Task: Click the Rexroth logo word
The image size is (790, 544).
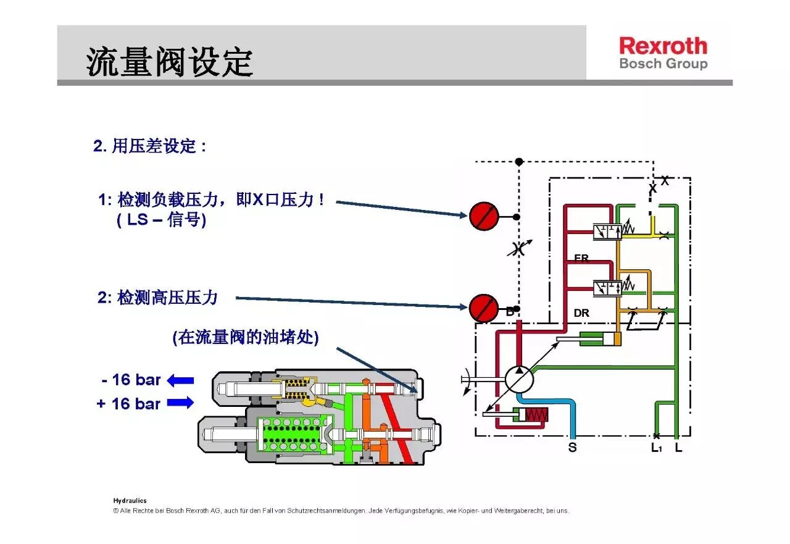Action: [x=663, y=46]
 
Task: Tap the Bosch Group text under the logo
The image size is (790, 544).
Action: [x=663, y=64]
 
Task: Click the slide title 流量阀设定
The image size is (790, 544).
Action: [x=170, y=62]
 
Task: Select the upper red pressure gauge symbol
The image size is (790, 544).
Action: [x=484, y=216]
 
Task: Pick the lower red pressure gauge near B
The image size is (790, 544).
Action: [x=484, y=308]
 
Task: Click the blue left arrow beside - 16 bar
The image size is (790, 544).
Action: [x=180, y=380]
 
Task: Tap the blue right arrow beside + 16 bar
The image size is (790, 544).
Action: [x=180, y=403]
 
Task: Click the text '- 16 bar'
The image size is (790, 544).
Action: [x=131, y=380]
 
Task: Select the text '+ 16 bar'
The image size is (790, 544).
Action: [x=128, y=404]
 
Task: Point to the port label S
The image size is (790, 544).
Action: [x=572, y=447]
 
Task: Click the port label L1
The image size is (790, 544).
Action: [x=656, y=448]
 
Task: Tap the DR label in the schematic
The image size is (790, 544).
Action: [x=581, y=313]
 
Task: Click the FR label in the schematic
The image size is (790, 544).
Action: [x=581, y=258]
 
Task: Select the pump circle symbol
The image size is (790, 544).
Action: [x=519, y=380]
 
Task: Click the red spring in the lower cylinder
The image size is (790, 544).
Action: [x=537, y=415]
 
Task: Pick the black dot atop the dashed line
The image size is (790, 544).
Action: [x=519, y=162]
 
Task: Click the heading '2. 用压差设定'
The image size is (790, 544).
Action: [x=149, y=146]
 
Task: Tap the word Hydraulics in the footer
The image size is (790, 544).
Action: [x=130, y=500]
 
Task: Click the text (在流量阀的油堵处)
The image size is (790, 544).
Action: [x=246, y=337]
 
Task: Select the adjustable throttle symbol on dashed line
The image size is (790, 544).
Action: [x=519, y=249]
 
